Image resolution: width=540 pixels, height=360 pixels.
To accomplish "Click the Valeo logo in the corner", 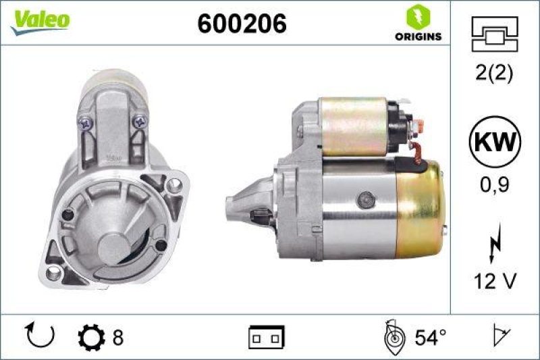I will point(39,20).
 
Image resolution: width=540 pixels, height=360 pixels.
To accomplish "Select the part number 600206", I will point(242,24).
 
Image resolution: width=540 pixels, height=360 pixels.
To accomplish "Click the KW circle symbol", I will point(495,143).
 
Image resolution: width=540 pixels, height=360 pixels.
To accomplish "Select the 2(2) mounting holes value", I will point(495,73).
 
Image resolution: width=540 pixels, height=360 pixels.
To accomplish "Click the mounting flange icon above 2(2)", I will point(495,34).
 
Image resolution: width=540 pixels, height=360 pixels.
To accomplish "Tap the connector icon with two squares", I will point(267,336).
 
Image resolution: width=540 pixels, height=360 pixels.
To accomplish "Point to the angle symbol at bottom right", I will point(501,336).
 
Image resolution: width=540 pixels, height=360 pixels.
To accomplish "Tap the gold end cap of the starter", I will point(421,200).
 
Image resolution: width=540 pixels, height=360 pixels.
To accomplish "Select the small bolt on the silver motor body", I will point(365,199).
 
